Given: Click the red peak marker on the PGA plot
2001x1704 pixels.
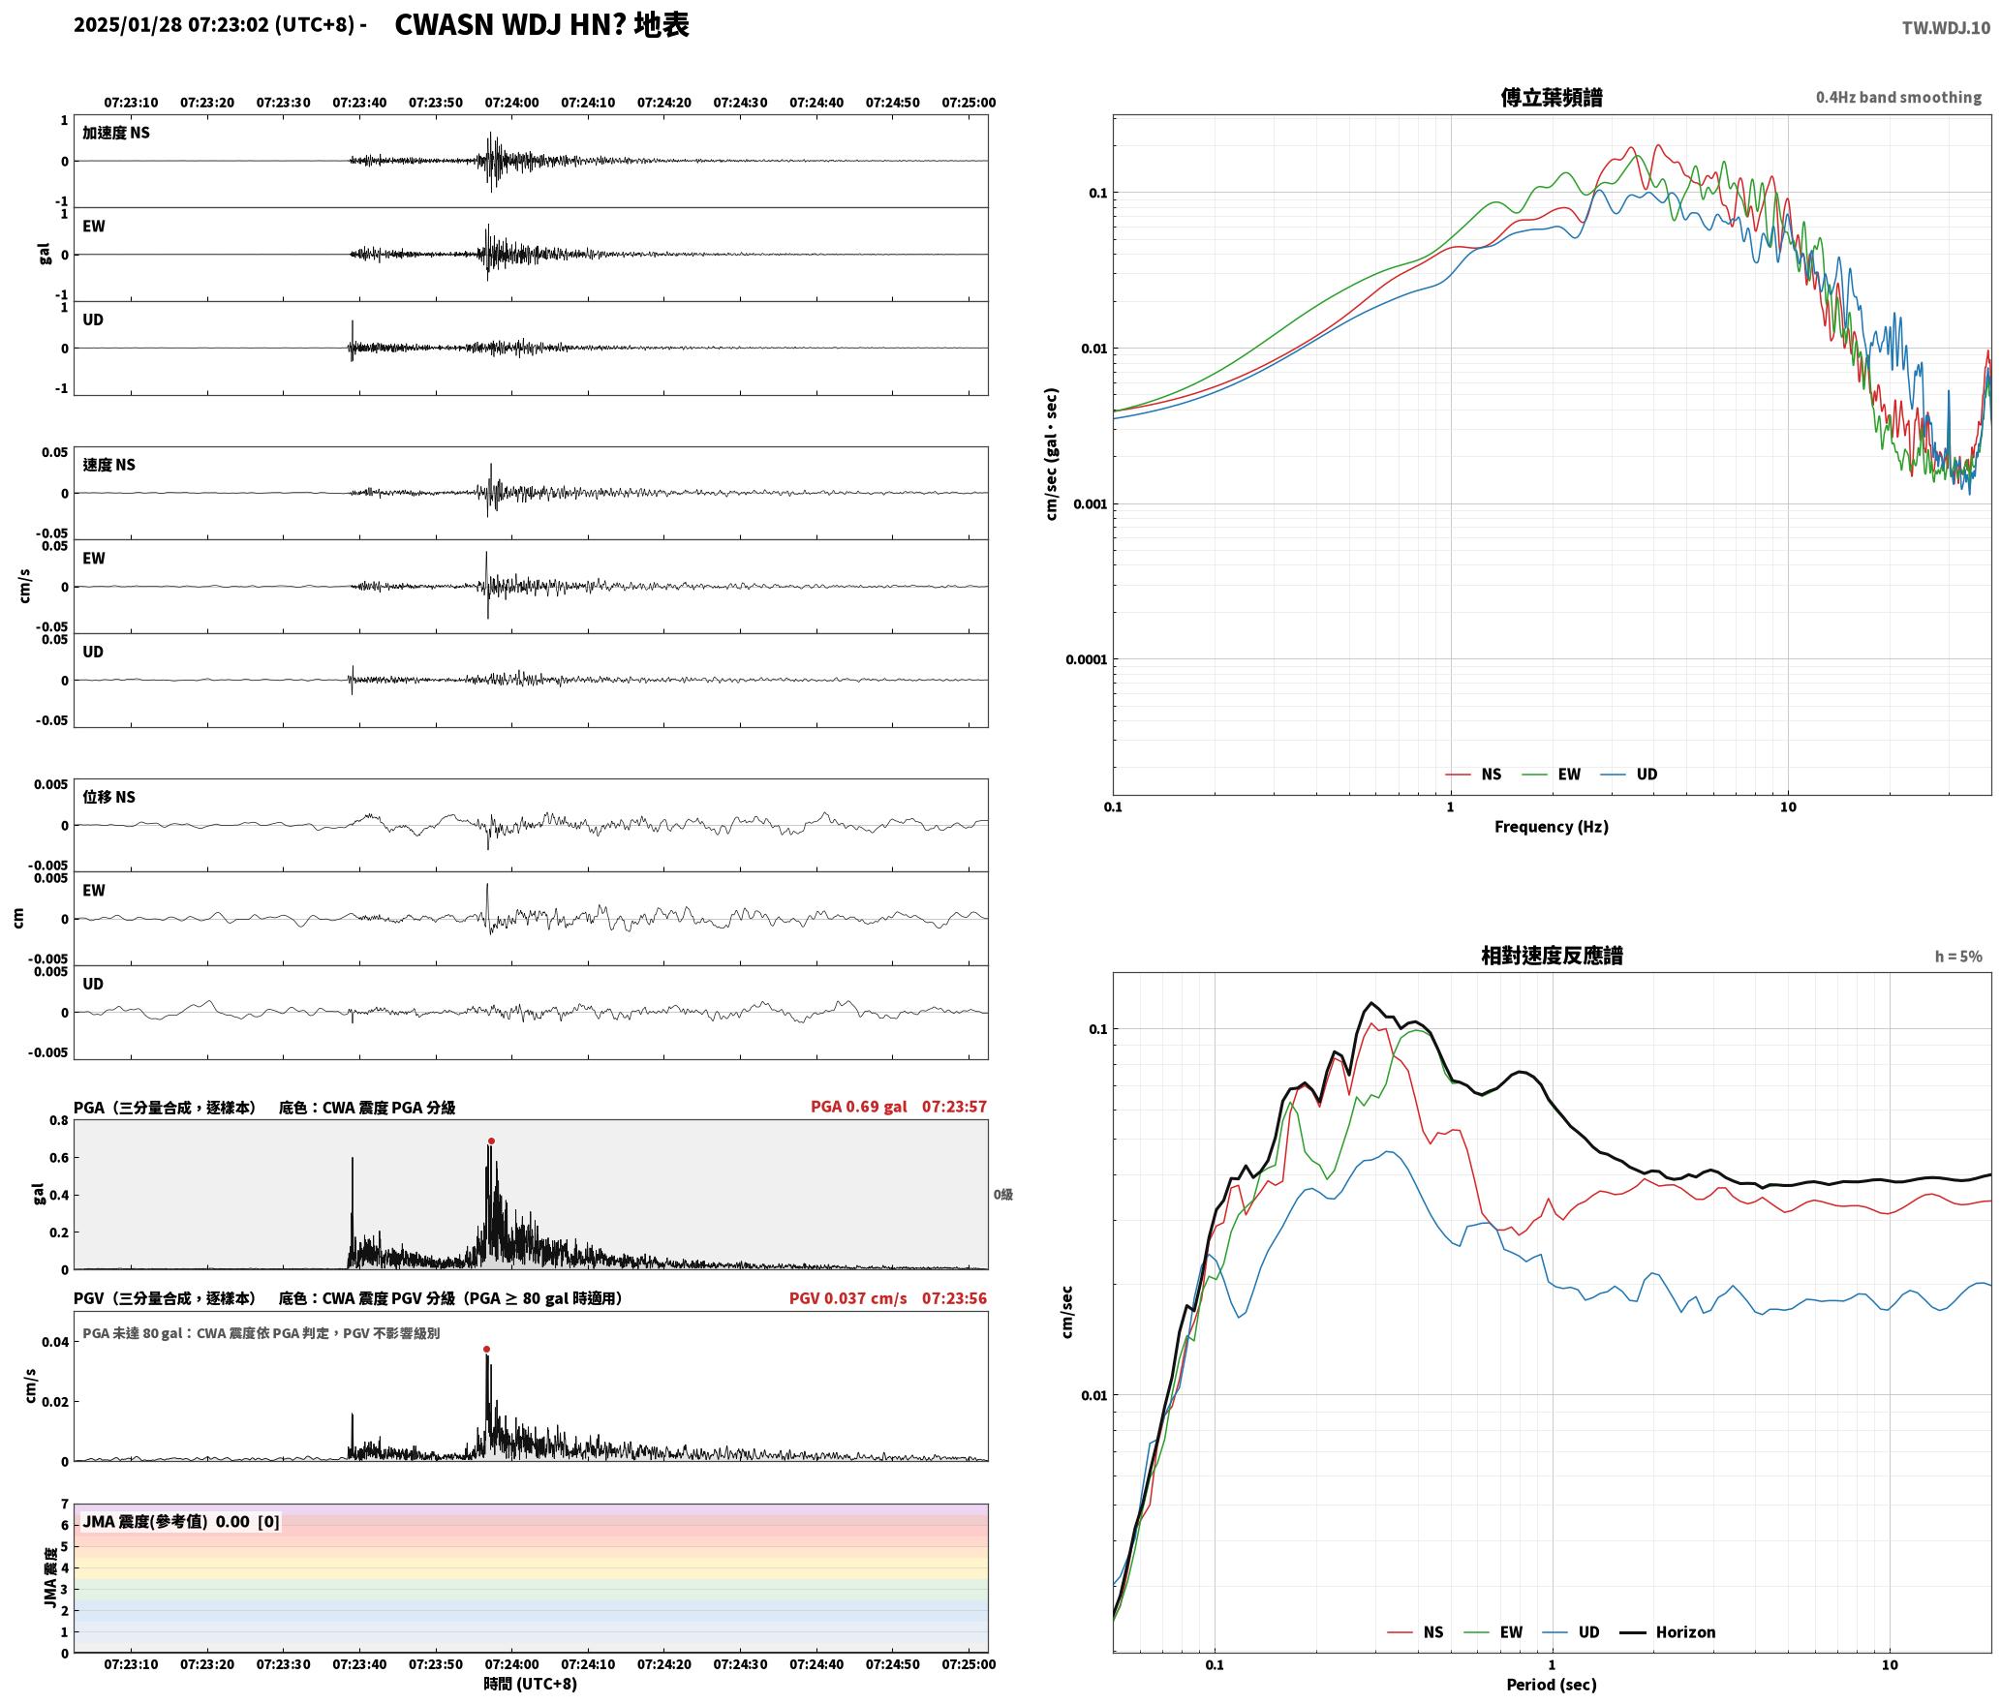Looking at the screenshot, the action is click(491, 1141).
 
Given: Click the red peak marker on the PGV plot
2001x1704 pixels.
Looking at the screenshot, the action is click(486, 1350).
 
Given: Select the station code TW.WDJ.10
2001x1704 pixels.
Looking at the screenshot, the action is click(1946, 28).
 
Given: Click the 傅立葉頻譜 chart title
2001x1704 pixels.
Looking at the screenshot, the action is click(1552, 98).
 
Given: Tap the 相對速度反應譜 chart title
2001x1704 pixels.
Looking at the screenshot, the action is click(1552, 956).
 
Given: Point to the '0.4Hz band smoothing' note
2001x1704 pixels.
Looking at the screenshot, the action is click(1898, 98).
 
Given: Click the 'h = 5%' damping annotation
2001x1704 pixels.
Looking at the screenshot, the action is click(1958, 957).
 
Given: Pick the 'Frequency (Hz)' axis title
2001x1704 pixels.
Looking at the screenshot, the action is click(1552, 827).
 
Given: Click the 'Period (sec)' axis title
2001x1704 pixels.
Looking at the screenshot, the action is click(1552, 1685).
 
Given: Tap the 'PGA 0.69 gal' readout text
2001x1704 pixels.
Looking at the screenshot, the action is click(859, 1107).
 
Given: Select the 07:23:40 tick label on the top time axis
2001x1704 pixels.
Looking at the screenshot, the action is click(359, 103).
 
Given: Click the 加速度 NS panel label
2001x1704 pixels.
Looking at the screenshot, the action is click(116, 133).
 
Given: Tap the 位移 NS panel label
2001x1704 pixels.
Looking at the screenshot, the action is click(109, 797).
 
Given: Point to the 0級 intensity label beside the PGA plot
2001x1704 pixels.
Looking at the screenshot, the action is click(1003, 1195).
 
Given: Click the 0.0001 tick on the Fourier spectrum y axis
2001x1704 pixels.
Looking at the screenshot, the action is click(1086, 660).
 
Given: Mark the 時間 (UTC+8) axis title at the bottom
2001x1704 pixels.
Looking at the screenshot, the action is click(531, 1685).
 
